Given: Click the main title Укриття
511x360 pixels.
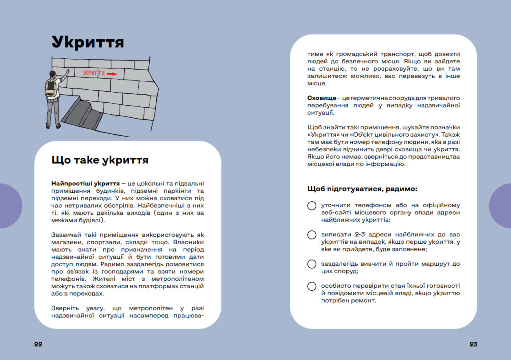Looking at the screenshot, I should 88,42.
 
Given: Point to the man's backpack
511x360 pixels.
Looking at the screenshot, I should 51,88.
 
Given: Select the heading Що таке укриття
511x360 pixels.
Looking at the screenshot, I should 100,160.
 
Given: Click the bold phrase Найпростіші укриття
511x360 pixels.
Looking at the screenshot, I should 84,184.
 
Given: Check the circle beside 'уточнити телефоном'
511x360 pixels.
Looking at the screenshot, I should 312,206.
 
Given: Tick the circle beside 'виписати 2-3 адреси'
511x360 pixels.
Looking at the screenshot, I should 312,235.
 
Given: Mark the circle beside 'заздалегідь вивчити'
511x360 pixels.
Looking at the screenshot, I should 312,264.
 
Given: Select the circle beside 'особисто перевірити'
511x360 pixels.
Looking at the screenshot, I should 312,286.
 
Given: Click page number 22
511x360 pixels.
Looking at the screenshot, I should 38,344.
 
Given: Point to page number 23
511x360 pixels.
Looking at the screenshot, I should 473,344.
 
